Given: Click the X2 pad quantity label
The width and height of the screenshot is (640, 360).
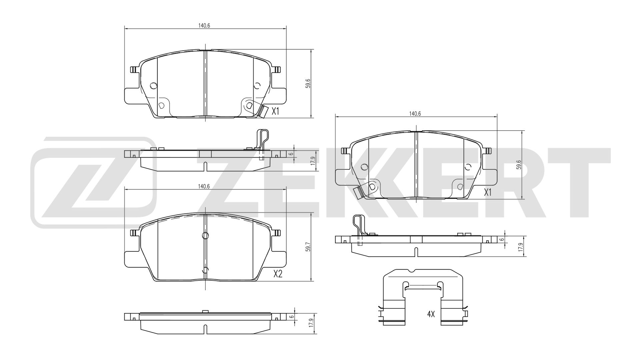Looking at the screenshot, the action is pos(278,274).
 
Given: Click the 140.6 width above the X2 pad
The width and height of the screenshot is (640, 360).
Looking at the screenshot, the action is pos(204,187).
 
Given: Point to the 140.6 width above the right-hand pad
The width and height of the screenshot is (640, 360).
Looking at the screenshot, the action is pos(415,114).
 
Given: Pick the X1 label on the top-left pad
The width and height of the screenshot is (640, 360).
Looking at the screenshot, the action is pos(275,111).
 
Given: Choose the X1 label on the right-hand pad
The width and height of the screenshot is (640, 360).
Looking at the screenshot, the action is pos(488,193).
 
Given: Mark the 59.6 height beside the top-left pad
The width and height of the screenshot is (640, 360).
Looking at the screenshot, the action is pos(308,84).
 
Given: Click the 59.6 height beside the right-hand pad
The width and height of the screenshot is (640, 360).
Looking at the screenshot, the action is pos(519,164).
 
